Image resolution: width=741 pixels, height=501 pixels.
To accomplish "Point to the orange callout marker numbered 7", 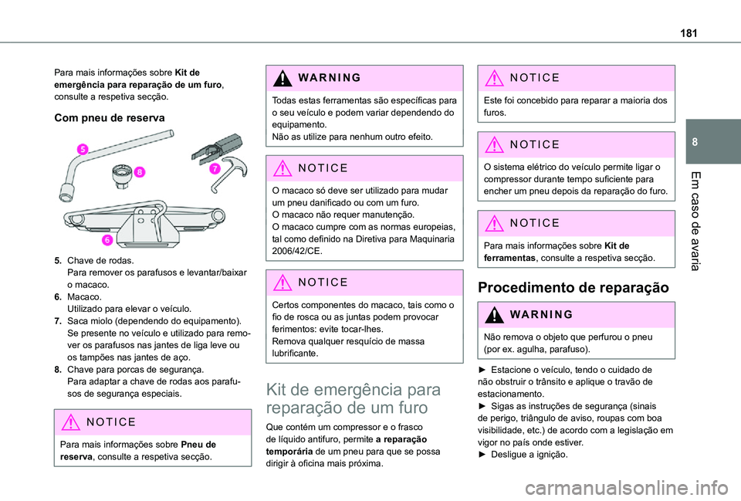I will point(214,168).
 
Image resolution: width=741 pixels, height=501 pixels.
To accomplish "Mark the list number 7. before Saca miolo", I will point(58,320).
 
